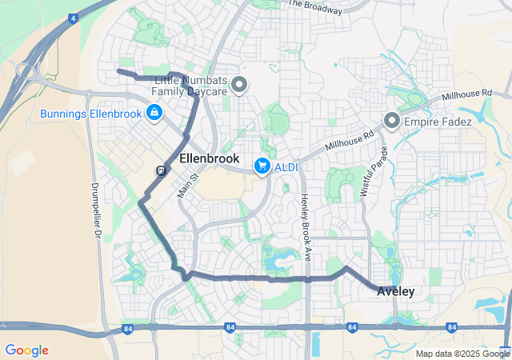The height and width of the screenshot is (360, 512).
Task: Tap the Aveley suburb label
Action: tap(396, 292)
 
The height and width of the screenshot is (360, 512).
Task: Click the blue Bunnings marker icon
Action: tap(153, 114)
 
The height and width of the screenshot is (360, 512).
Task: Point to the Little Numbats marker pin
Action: tap(238, 84)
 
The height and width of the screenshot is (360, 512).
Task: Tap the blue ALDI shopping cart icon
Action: tap(261, 166)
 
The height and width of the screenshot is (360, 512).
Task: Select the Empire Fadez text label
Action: tap(436, 122)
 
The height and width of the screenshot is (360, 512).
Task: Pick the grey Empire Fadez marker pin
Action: tap(392, 121)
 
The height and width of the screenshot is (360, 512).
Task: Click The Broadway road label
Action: tap(314, 7)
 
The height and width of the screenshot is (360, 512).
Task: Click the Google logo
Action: tap(26, 350)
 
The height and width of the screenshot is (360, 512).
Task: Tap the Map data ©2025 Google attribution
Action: tap(462, 354)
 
